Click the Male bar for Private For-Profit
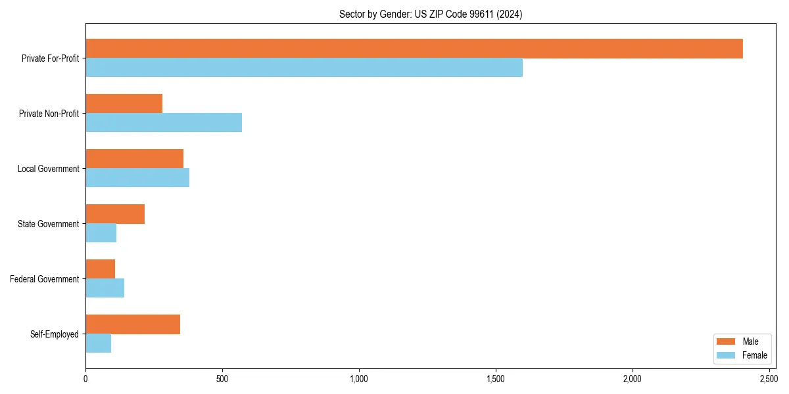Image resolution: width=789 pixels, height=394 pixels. click(x=414, y=49)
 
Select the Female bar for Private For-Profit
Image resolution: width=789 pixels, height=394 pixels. click(x=304, y=68)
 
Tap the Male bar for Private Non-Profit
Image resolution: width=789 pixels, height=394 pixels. click(x=124, y=104)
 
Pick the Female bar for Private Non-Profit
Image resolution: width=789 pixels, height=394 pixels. click(x=164, y=123)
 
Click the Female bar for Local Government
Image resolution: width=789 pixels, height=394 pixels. click(x=137, y=178)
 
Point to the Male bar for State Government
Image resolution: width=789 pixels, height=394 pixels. click(x=115, y=214)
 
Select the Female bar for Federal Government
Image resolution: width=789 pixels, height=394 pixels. click(x=105, y=288)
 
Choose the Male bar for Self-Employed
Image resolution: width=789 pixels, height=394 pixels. click(x=133, y=324)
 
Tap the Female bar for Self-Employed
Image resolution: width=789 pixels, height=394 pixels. click(x=98, y=343)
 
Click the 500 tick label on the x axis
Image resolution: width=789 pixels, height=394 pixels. click(x=222, y=379)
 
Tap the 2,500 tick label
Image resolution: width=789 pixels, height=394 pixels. click(x=769, y=379)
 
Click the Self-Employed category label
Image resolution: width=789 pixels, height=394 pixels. click(x=55, y=334)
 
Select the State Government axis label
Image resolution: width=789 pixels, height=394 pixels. click(x=49, y=224)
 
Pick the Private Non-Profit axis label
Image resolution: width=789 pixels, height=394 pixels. click(x=49, y=114)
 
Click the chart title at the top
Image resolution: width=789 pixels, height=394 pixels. click(x=431, y=14)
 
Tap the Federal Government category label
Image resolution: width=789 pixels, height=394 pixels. click(x=45, y=279)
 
